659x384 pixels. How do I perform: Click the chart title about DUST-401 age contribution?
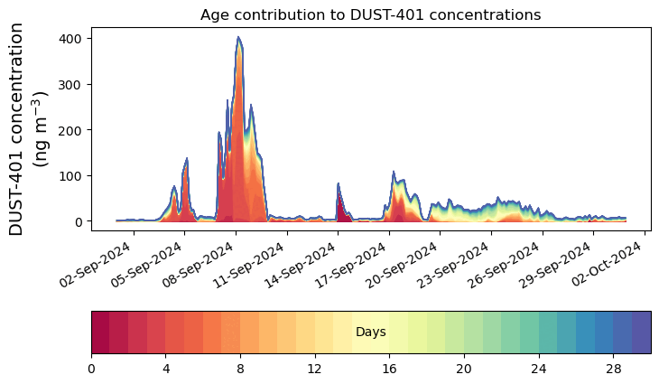click(370, 14)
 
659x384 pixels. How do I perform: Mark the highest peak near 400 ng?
click(238, 38)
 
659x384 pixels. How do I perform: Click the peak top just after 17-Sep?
click(394, 173)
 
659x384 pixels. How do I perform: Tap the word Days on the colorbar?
click(370, 332)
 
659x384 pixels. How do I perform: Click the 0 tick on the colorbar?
click(91, 369)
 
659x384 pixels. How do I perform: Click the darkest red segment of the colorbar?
click(100, 332)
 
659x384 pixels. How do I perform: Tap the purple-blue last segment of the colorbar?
click(641, 332)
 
